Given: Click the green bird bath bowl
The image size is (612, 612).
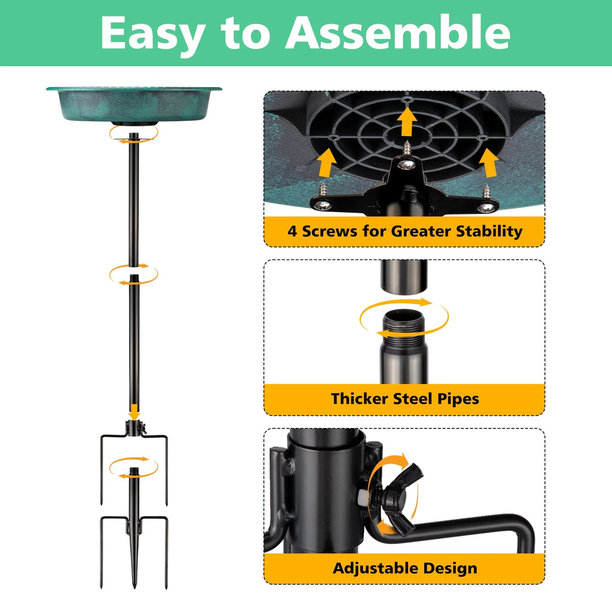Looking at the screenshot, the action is coord(134,105).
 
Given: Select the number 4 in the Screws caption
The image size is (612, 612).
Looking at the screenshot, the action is coord(292,231).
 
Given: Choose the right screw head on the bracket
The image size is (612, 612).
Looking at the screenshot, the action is coord(486,207).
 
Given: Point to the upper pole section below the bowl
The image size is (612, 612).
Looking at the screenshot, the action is coord(134,200).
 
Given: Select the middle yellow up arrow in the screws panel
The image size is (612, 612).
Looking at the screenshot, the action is coord(407,121).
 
